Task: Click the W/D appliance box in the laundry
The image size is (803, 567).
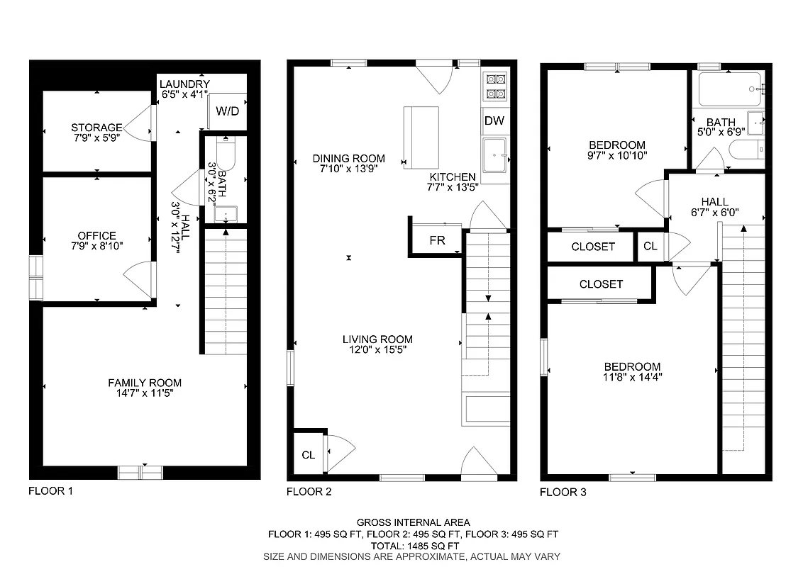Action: click(227, 111)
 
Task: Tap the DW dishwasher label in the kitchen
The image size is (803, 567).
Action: click(494, 120)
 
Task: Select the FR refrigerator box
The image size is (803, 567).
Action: click(437, 240)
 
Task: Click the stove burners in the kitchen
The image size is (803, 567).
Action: click(494, 86)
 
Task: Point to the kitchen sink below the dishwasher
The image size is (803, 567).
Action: click(495, 155)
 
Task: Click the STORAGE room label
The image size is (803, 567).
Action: click(96, 128)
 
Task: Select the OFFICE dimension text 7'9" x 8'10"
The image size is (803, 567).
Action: click(96, 246)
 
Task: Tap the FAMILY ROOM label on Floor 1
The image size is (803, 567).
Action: click(145, 383)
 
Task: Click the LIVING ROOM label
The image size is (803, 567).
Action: click(377, 339)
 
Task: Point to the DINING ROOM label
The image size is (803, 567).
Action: click(349, 158)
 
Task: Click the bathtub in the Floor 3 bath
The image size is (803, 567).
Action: click(729, 89)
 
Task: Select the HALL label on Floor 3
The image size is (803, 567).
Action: click(714, 202)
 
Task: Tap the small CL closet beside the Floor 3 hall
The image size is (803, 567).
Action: click(650, 247)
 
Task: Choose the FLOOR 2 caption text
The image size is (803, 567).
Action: click(308, 491)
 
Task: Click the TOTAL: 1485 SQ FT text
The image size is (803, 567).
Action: click(401, 546)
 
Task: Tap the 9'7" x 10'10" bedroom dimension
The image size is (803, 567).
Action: click(616, 155)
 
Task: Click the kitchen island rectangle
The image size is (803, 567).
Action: click(421, 137)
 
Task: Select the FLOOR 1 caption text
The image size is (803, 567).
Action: click(50, 490)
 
